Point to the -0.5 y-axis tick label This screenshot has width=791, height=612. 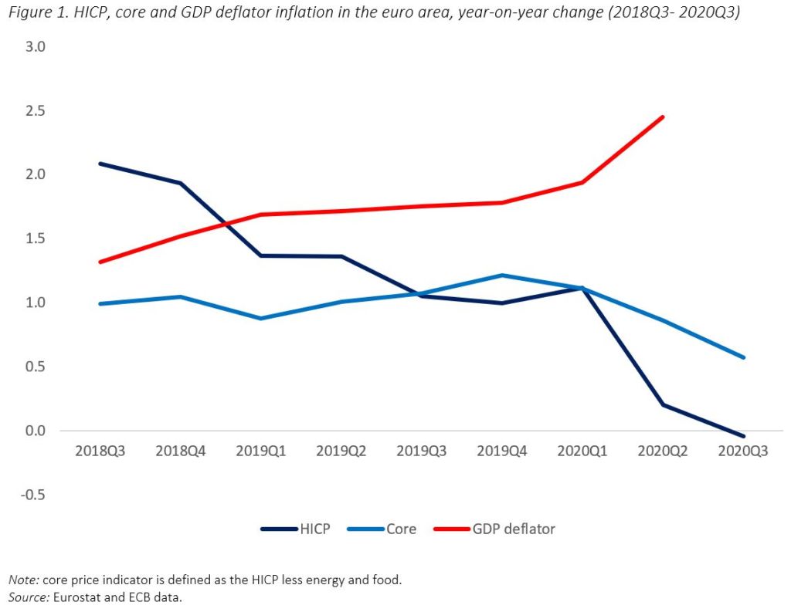[33, 495]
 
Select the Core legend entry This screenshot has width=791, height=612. [401, 529]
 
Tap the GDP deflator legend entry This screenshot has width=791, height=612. [514, 529]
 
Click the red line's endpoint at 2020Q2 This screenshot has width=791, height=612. [663, 117]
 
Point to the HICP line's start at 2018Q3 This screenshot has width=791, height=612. [100, 164]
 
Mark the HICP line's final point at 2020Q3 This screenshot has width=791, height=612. [743, 436]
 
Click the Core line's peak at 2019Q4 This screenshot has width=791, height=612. [501, 275]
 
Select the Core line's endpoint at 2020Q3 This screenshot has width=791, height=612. [743, 357]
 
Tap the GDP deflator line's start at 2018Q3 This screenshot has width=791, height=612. [100, 262]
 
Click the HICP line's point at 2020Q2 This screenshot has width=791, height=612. [663, 404]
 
